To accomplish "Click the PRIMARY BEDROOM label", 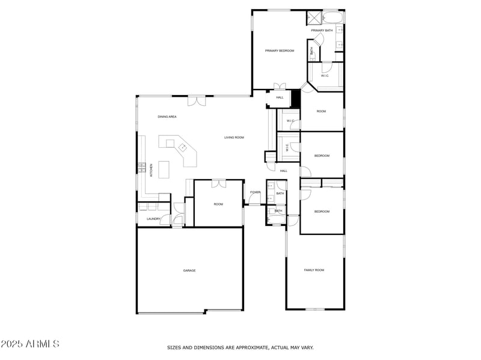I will coord(280,50).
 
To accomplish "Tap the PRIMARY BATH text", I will coord(322,30).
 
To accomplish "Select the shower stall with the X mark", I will coord(314,17).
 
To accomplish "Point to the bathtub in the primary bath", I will coord(332,17).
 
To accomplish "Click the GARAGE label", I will coord(189,270).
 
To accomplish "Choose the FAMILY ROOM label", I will coord(314,270).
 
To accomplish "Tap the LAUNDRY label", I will coord(153,219).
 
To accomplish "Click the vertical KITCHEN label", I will coord(152,170).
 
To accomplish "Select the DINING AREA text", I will coord(167,117).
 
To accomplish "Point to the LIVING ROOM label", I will coord(234,138).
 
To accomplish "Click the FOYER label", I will coord(255,192).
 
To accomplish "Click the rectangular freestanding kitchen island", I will coord(167,142).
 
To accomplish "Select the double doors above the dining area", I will coord(196,101).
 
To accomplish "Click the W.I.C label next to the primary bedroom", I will coord(325,76).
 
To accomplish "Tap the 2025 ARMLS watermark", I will coord(30,344).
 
